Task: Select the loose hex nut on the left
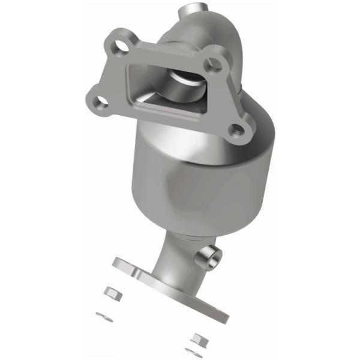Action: coord(111,293)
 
